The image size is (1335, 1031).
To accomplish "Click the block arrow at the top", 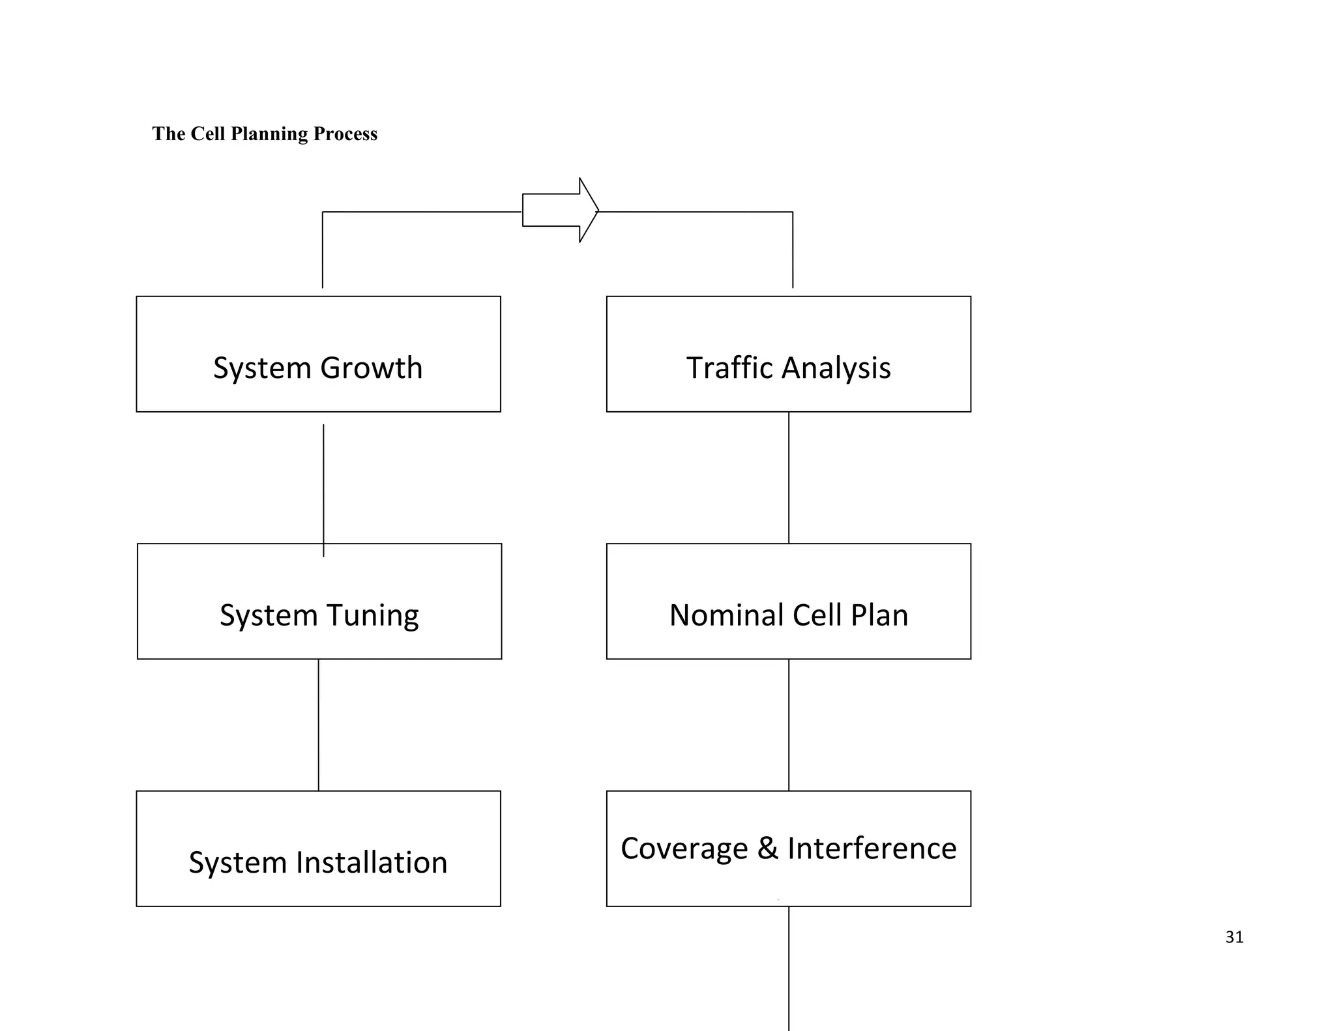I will [559, 210].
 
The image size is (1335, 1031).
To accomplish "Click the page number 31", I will [1234, 937].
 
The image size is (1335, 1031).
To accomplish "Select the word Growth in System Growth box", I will [371, 368].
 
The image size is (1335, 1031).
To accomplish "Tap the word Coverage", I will [684, 849].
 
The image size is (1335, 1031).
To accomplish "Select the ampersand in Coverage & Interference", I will [767, 848].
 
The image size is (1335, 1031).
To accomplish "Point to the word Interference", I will [872, 849].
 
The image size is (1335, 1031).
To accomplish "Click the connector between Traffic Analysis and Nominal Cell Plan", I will [789, 478].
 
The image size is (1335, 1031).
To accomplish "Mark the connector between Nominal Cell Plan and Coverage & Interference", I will [789, 725].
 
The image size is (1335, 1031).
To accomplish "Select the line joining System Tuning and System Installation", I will [319, 725].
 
